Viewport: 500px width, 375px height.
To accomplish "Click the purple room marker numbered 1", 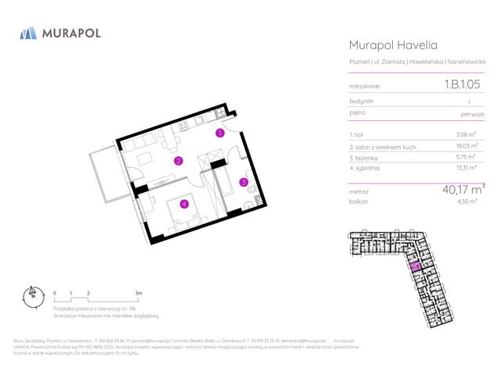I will click(x=220, y=134).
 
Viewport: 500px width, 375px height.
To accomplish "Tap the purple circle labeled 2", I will click(x=178, y=162).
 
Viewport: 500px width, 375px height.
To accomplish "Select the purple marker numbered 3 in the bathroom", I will click(x=243, y=183).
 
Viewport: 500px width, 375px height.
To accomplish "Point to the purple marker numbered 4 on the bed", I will click(x=184, y=205).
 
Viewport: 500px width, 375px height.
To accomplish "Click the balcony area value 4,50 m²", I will click(x=466, y=202).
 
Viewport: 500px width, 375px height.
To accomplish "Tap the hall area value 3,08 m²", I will click(x=466, y=135).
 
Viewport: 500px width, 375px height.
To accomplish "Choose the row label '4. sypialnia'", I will click(x=364, y=168).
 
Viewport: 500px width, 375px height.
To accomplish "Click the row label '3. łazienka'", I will click(x=364, y=157).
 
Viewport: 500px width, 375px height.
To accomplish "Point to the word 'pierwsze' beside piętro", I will click(x=472, y=114).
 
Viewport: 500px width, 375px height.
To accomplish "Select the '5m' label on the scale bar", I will click(x=139, y=293).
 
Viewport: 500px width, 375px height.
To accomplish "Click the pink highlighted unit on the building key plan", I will click(x=416, y=267).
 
